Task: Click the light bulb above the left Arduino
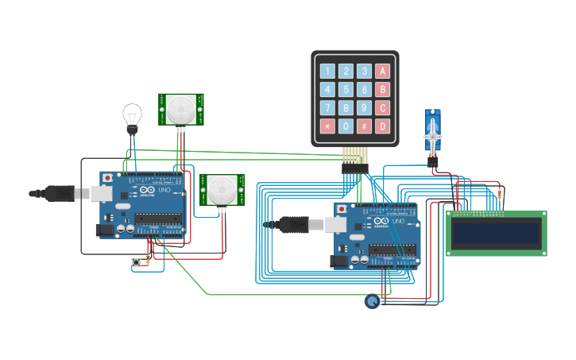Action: coord(132,115)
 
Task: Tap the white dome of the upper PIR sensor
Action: coord(182,108)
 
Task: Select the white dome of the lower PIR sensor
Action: coord(222,191)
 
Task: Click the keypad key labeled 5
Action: coord(346,89)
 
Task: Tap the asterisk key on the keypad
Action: coord(327,126)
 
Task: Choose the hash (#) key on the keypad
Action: coord(364,126)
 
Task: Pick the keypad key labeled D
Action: coord(383,126)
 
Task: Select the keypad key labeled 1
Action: coord(327,71)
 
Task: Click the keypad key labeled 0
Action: coord(346,126)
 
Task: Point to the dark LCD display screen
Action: coord(495,233)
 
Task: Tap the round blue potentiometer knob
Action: coord(372,301)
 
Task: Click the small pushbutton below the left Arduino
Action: coord(136,262)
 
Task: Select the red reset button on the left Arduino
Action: coord(107,177)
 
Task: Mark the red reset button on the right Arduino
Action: coord(342,209)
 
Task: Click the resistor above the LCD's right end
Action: coord(500,193)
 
